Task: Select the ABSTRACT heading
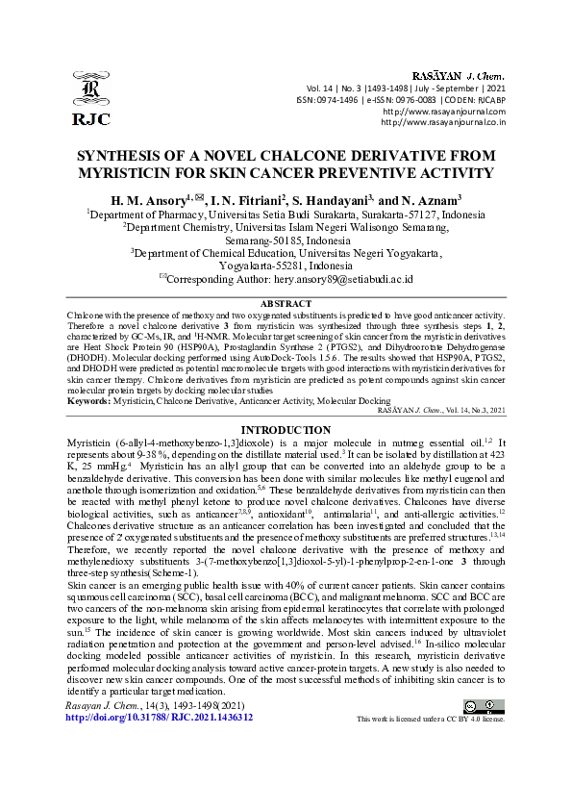pos(286,302)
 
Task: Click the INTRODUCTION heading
pos(286,430)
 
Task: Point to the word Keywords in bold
pos(88,399)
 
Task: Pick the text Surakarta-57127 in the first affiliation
pos(369,214)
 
